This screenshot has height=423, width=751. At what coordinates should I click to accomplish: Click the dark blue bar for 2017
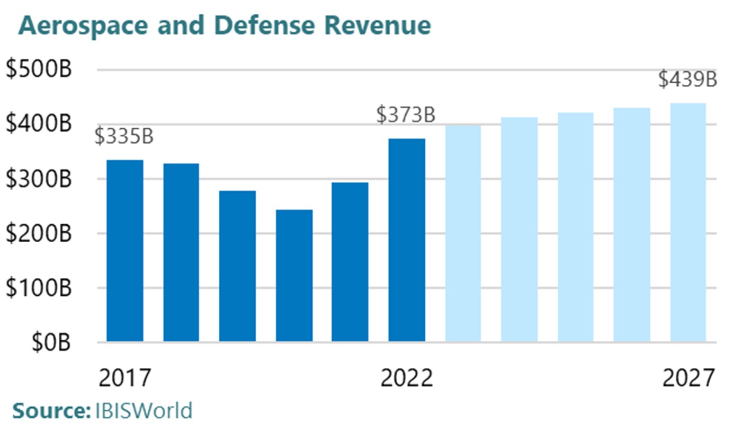pyautogui.click(x=125, y=251)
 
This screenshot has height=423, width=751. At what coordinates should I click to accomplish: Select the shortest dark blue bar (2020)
pyautogui.click(x=294, y=276)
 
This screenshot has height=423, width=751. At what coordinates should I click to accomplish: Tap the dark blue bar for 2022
pyautogui.click(x=407, y=240)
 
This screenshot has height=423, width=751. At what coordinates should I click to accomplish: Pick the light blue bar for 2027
pyautogui.click(x=688, y=223)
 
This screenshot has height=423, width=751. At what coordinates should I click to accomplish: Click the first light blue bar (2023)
pyautogui.click(x=463, y=234)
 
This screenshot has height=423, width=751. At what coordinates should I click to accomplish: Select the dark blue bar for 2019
pyautogui.click(x=237, y=266)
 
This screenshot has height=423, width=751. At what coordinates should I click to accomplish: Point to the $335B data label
pyautogui.click(x=124, y=136)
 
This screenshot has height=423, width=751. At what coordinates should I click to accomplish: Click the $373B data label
pyautogui.click(x=406, y=115)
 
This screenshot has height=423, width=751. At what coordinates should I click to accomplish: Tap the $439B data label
pyautogui.click(x=687, y=80)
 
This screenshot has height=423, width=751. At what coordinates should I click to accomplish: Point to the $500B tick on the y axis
pyautogui.click(x=39, y=69)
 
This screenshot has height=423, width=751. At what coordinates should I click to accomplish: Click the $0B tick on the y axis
pyautogui.click(x=51, y=343)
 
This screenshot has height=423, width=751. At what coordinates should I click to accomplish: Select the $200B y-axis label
pyautogui.click(x=39, y=234)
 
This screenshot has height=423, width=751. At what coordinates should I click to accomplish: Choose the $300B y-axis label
pyautogui.click(x=39, y=179)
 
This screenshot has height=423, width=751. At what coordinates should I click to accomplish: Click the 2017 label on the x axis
pyautogui.click(x=125, y=378)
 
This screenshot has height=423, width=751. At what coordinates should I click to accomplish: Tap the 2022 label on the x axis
pyautogui.click(x=407, y=378)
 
